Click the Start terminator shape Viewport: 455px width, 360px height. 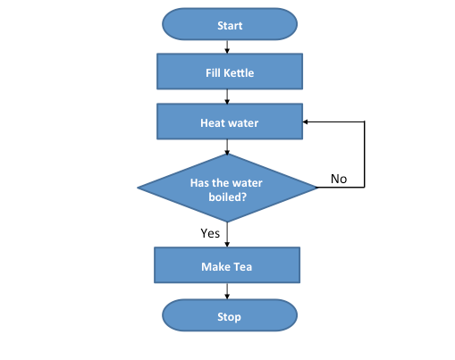coord(229,25)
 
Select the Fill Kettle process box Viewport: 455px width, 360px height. coord(229,72)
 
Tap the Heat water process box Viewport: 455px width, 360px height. coord(229,122)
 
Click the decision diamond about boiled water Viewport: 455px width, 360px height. coord(228,188)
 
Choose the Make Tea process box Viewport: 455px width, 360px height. coord(227,266)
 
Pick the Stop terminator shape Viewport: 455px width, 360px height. coord(229,316)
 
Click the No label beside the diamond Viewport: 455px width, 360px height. coord(339,179)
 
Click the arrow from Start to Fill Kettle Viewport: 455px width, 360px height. coord(229,46)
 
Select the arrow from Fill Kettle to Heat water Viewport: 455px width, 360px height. coord(229,97)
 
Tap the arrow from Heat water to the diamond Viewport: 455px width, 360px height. coord(229,149)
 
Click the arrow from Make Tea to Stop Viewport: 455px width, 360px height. coord(228,291)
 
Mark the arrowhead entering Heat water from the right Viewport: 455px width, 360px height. coord(307,122)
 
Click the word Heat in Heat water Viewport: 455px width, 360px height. coord(213,122)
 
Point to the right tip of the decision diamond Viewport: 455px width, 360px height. coord(316,188)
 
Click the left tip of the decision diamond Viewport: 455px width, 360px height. coord(139,188)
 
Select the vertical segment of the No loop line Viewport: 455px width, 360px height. coord(365,154)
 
